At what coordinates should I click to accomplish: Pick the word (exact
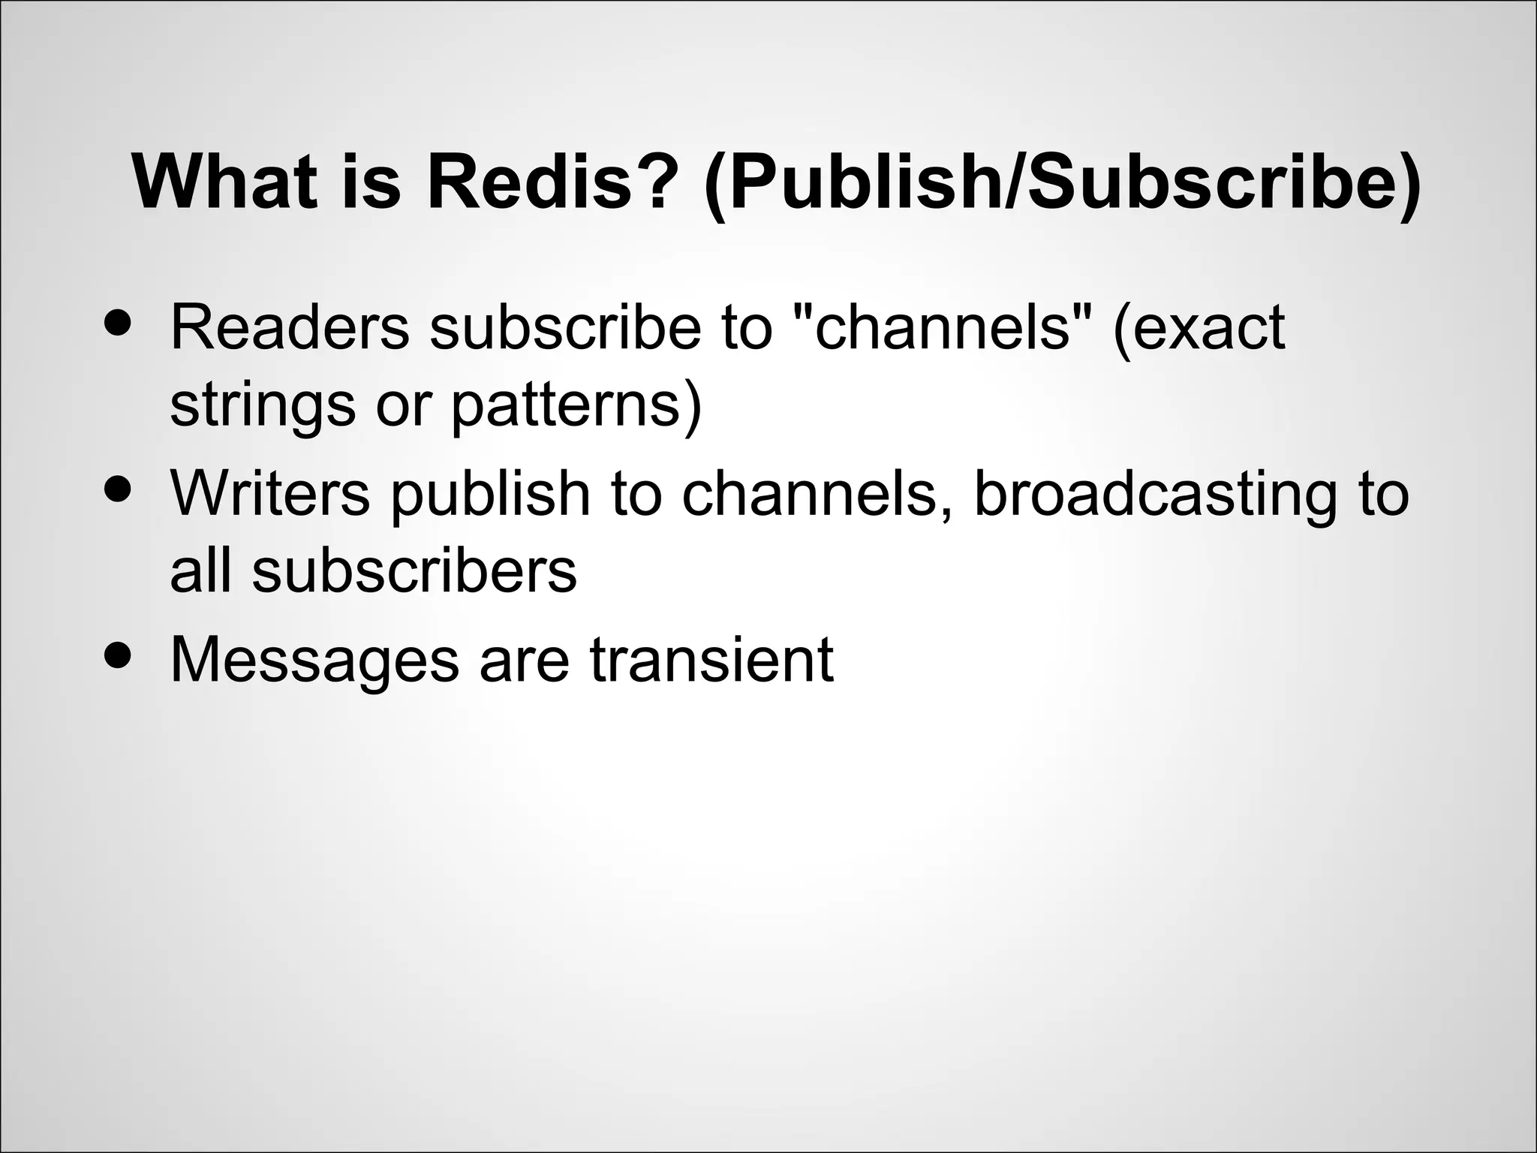tap(1199, 328)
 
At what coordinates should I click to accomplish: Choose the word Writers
tap(270, 494)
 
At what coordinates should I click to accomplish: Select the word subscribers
tap(414, 570)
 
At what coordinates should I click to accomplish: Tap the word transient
tap(711, 659)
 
